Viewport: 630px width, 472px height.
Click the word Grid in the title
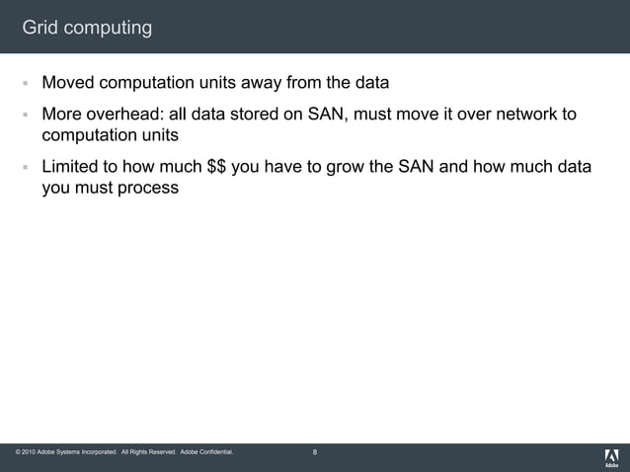click(x=39, y=28)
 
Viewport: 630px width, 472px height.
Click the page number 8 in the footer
click(x=315, y=452)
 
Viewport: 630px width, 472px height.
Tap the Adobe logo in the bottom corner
click(x=611, y=457)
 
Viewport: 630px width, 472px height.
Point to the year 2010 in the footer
click(x=29, y=452)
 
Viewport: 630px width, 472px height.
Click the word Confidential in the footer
click(x=214, y=452)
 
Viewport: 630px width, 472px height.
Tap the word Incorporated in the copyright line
click(x=94, y=452)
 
